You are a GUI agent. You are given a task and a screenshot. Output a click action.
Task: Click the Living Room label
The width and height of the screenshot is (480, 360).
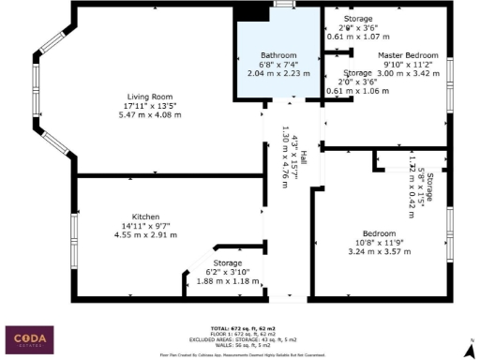point(150,96)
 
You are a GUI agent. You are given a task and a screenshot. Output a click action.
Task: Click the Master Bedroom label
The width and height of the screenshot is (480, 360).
point(409,55)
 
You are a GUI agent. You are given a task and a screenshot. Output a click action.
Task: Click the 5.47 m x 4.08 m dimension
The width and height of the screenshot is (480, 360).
point(150,114)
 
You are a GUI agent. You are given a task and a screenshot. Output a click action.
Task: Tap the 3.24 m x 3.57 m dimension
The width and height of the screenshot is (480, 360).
point(380,251)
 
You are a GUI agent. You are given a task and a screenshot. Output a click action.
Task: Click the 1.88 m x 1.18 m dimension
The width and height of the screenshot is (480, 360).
point(227,280)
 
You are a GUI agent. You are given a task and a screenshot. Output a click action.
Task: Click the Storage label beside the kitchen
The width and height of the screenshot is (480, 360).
point(227,262)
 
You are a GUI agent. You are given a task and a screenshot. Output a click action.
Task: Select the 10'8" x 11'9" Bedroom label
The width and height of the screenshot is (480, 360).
point(380,242)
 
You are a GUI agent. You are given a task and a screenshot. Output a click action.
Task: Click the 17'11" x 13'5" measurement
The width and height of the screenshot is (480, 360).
point(150,105)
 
